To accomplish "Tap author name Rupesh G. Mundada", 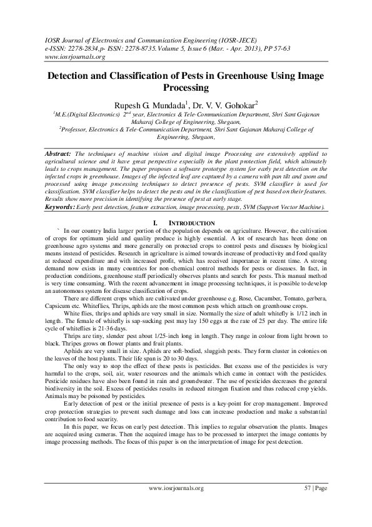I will (x=154, y=103).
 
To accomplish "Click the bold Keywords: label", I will (x=63, y=206).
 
